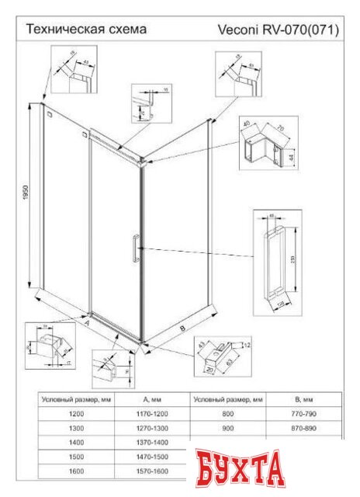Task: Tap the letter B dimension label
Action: [182, 329]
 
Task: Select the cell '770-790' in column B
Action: [300, 415]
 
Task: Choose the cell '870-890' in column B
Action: [300, 429]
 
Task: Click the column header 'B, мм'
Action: [300, 399]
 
